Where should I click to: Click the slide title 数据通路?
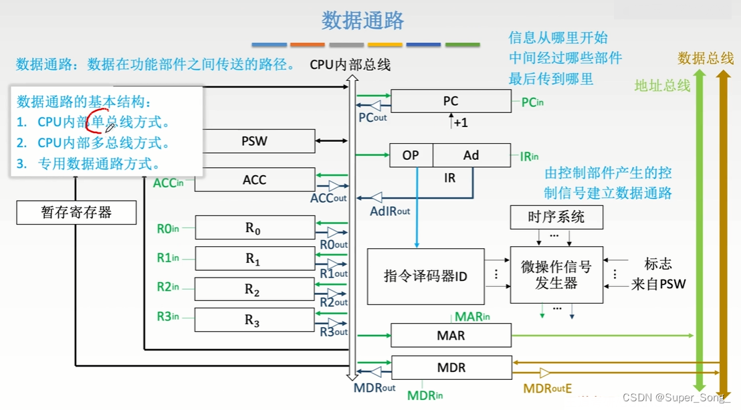click(363, 21)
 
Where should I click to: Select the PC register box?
click(450, 102)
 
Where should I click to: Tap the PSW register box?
click(254, 141)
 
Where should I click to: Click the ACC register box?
click(254, 179)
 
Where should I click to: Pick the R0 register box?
click(253, 228)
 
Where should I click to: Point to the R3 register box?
click(253, 320)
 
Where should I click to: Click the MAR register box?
click(450, 335)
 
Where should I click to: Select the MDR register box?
click(450, 368)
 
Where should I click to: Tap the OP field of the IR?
click(411, 155)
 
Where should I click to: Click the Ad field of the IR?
click(471, 155)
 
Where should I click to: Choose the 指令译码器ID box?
click(425, 276)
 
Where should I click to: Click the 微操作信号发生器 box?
click(556, 275)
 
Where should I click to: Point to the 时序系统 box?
click(556, 217)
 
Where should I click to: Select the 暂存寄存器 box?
click(76, 213)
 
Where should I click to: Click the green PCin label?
click(532, 102)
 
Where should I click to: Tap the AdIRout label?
click(390, 211)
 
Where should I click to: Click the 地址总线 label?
click(661, 86)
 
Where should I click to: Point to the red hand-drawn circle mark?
click(99, 122)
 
